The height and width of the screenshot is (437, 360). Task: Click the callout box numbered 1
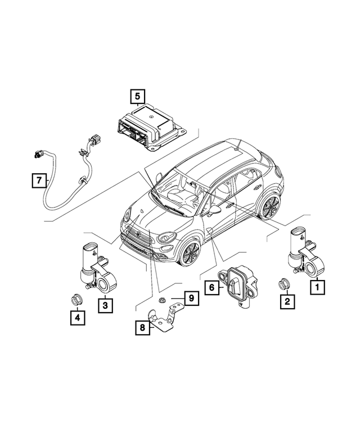(x=317, y=287)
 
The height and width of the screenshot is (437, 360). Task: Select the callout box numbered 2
(x=287, y=302)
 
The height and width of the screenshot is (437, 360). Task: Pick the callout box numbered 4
(x=77, y=318)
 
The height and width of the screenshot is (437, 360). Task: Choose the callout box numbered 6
(x=212, y=287)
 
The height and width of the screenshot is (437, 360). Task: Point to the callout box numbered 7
(x=39, y=181)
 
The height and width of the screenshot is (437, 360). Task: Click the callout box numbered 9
(x=191, y=298)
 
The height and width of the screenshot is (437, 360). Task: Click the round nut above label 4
(x=74, y=299)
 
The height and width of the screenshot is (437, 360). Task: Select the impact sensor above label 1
(x=303, y=250)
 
